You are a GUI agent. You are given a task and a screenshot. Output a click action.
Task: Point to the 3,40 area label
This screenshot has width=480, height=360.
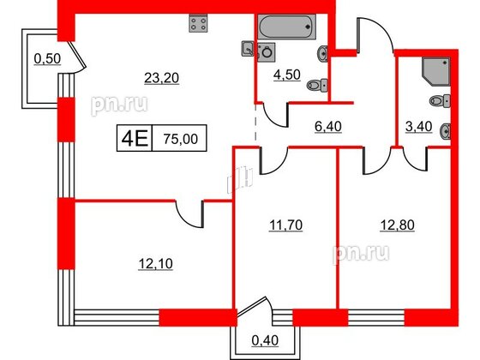[417, 129]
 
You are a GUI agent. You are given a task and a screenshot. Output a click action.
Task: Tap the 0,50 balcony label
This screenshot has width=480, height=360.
[46, 58]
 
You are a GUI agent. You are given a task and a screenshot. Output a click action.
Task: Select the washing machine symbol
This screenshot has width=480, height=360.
[266, 51]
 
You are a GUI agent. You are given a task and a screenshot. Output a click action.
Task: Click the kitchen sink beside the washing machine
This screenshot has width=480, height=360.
[248, 51]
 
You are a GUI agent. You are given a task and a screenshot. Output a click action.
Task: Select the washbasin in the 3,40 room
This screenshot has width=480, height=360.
[444, 131]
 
